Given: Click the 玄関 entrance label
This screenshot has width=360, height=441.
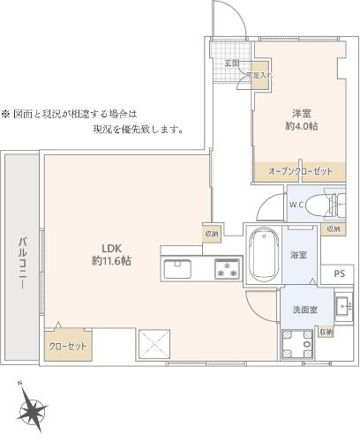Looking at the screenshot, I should coord(232,63).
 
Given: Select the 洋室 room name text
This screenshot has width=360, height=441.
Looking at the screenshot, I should coord(304,112).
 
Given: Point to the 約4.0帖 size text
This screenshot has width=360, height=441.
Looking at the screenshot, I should coord(304,126).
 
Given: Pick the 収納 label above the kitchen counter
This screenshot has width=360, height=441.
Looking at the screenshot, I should coord(212,234).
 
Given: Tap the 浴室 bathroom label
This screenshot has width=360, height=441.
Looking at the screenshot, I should coord(298,255).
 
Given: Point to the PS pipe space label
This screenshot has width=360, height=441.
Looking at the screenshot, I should coord(339,275).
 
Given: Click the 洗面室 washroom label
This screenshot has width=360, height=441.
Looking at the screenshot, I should coord(305,310).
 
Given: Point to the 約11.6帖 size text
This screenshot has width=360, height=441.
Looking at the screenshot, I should coord(111,261).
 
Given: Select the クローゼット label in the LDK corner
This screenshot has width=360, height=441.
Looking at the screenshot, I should coord(67,345).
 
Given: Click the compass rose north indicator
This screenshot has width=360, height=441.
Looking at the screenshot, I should coord(34,410).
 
